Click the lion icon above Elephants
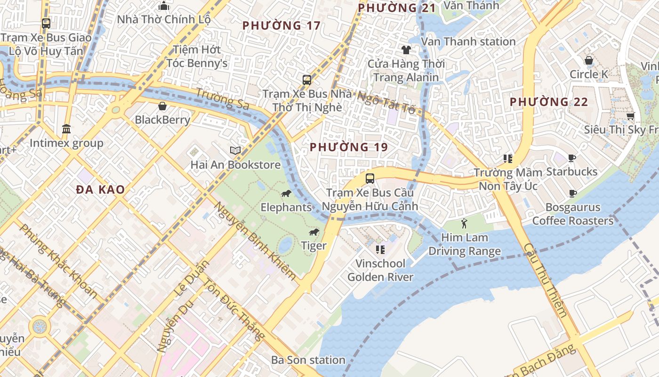(286, 194)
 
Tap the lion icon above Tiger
(314, 232)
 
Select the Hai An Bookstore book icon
(235, 150)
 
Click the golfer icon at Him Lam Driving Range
(465, 223)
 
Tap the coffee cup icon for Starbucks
(572, 158)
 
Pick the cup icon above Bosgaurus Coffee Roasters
(573, 193)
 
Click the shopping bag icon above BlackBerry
(162, 106)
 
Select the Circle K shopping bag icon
(589, 60)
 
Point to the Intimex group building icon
(66, 129)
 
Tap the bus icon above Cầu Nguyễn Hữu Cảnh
(370, 179)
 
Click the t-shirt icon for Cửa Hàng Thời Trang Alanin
(406, 49)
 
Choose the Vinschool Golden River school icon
(380, 249)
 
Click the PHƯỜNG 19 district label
(349, 147)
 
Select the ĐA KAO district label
(101, 190)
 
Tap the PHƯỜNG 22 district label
(549, 102)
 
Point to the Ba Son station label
(308, 360)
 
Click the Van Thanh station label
(468, 41)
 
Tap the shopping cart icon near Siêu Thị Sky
(630, 116)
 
